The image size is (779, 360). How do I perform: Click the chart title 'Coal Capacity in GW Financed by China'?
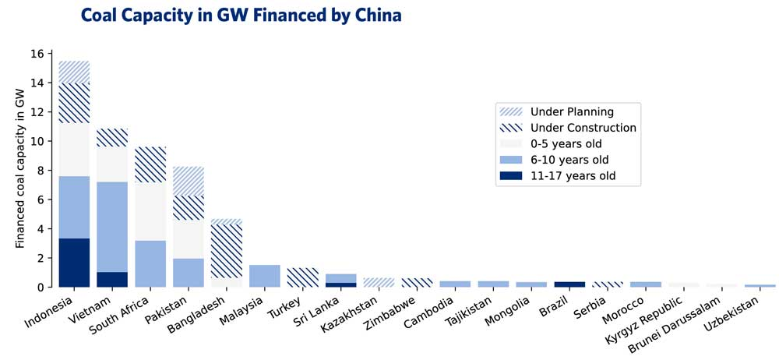click(241, 15)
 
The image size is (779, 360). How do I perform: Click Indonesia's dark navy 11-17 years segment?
click(74, 263)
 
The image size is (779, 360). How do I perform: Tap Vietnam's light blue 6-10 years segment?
click(112, 227)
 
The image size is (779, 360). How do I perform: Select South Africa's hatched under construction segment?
click(150, 164)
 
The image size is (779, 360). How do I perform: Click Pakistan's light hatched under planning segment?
click(189, 181)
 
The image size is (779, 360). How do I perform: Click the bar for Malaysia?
click(265, 276)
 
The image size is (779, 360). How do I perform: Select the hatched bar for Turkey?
click(303, 277)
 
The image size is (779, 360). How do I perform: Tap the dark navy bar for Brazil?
click(570, 284)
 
